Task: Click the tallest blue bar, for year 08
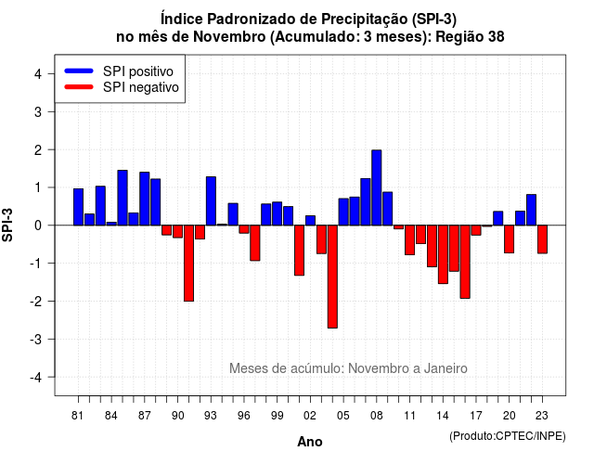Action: point(376,187)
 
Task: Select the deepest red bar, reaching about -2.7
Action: point(332,277)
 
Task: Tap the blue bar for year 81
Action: point(78,207)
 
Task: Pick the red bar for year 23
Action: point(542,239)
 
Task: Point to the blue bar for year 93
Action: point(211,201)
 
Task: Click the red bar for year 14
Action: point(443,254)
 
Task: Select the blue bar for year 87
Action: point(145,199)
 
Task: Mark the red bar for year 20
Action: point(510,239)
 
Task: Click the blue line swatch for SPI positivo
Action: point(79,71)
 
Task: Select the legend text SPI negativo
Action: point(140,87)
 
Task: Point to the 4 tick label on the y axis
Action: point(38,74)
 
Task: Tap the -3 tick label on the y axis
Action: point(35,339)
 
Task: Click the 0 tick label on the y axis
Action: point(38,226)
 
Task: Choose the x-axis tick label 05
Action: point(342,416)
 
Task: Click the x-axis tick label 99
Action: point(277,416)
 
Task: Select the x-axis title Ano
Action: point(310,442)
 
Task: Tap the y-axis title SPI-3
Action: point(7,225)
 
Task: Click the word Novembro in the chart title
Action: point(229,37)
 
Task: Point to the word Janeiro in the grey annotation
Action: point(445,368)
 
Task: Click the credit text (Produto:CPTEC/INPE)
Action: point(508,436)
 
